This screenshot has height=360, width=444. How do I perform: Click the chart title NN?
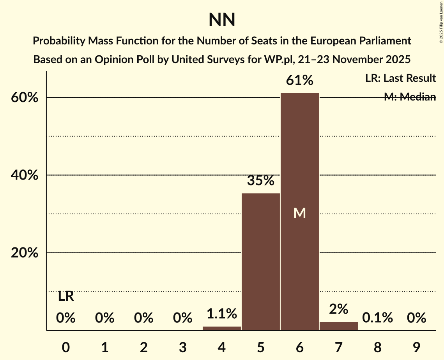tap(222, 19)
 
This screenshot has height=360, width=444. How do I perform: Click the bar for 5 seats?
tap(260, 261)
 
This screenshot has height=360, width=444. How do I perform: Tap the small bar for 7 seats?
tap(338, 326)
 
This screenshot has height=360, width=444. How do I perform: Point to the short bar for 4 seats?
tap(221, 328)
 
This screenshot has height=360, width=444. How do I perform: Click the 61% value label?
tap(299, 81)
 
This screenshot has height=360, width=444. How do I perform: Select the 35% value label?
tap(260, 181)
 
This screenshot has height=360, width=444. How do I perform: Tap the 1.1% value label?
tap(221, 313)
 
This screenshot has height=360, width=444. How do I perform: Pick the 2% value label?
tap(338, 309)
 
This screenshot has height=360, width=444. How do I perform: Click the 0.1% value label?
tap(377, 318)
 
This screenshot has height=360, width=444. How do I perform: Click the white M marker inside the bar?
tap(299, 213)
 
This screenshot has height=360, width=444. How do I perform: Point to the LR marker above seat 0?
tap(66, 296)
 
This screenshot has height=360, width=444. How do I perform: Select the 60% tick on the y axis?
tap(25, 98)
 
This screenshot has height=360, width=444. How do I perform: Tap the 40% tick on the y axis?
tap(25, 175)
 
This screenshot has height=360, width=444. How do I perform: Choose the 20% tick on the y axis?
tap(25, 253)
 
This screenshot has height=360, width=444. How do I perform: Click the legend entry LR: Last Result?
tap(400, 78)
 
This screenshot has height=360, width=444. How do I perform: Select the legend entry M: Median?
tap(410, 97)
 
